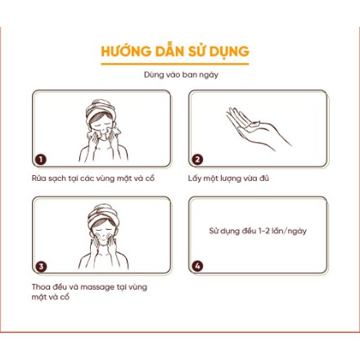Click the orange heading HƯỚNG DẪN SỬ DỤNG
click(175, 52)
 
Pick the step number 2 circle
click(197, 160)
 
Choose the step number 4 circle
click(197, 266)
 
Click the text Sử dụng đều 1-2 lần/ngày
click(257, 232)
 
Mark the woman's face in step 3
click(102, 235)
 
